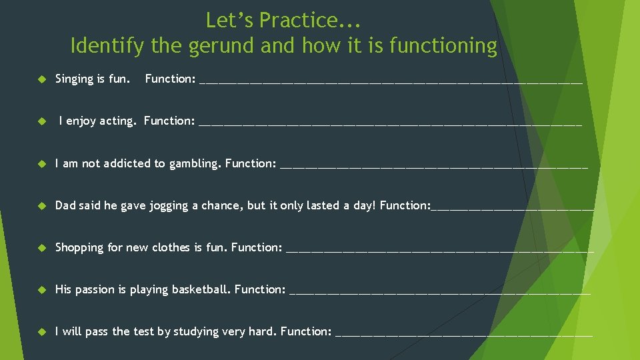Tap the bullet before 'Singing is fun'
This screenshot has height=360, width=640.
coord(41,79)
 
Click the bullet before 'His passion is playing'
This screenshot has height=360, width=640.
coord(41,289)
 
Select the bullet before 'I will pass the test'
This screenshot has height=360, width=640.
coord(41,331)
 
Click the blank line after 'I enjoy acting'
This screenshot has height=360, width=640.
coord(390,123)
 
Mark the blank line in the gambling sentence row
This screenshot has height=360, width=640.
coord(434,165)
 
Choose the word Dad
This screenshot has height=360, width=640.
coord(65,205)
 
